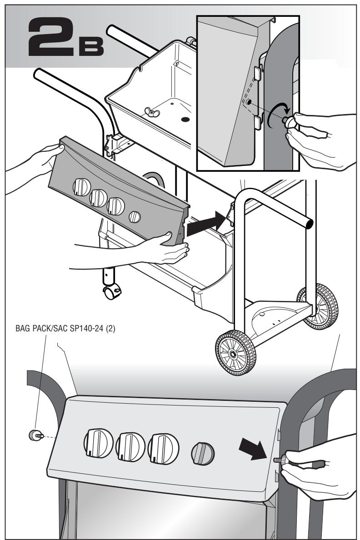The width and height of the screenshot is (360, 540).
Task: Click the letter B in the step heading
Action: [91, 46]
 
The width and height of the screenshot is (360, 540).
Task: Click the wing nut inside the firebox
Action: [150, 111]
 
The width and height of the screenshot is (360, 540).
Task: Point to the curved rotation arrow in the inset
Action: [278, 115]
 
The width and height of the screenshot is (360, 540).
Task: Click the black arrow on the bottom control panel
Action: [253, 448]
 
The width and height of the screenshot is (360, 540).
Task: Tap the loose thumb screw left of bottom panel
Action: [36, 435]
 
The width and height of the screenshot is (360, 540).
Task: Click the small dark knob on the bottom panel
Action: [203, 453]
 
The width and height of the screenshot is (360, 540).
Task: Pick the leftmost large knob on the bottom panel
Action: [99, 443]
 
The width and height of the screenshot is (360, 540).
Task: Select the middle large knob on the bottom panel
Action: [130, 447]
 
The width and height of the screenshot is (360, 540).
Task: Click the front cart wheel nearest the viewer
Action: [235, 353]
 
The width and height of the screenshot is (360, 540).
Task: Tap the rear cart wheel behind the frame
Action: [317, 306]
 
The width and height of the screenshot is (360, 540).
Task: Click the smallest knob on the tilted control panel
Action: [135, 217]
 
